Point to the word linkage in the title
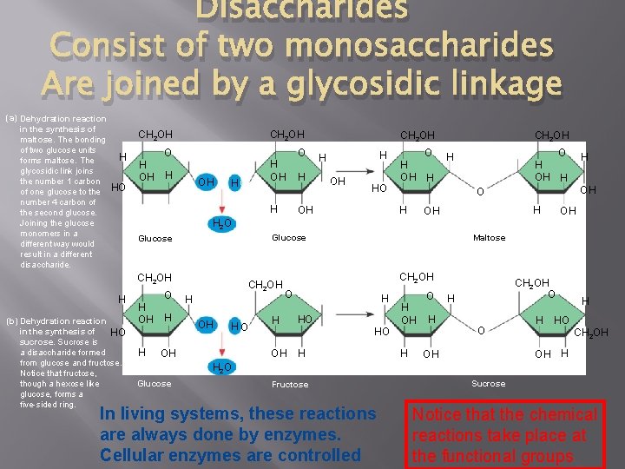pyautogui.click(x=504, y=83)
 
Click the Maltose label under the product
pyautogui.click(x=489, y=238)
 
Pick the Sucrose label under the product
pyautogui.click(x=488, y=383)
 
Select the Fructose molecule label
pyautogui.click(x=289, y=384)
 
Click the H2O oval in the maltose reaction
pyautogui.click(x=221, y=224)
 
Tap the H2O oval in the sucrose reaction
pyautogui.click(x=221, y=368)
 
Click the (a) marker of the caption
pyautogui.click(x=10, y=118)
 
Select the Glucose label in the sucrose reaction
pyautogui.click(x=155, y=383)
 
